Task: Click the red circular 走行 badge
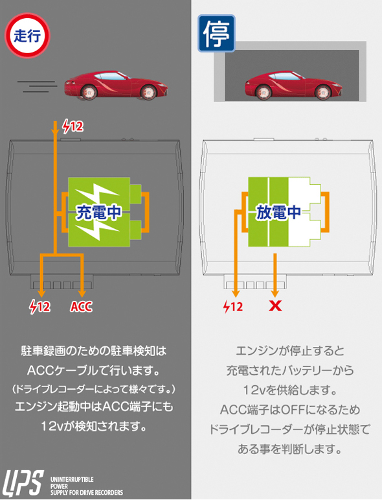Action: [x=27, y=36]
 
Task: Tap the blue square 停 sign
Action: [x=216, y=33]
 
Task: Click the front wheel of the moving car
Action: [x=148, y=92]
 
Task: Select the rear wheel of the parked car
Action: [x=264, y=92]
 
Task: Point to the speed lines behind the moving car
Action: [x=38, y=86]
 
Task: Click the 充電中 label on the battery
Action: [x=98, y=212]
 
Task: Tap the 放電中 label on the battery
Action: [x=278, y=212]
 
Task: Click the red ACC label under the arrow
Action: [x=81, y=307]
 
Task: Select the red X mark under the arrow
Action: [x=275, y=306]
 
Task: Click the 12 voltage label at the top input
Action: [x=73, y=126]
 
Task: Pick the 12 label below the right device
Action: [x=233, y=307]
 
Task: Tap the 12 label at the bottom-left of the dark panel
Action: [x=39, y=307]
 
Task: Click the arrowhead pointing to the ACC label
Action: [x=82, y=293]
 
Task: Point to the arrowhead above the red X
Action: [x=275, y=293]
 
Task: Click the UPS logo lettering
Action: [x=23, y=483]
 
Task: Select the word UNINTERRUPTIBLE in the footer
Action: [x=72, y=479]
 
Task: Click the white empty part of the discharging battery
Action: [x=305, y=212]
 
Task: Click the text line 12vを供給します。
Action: [x=290, y=390]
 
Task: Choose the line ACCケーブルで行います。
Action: [x=93, y=370]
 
